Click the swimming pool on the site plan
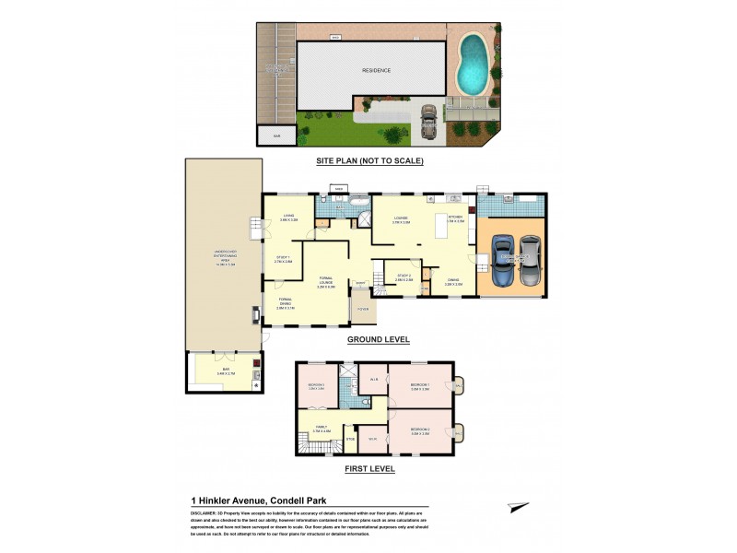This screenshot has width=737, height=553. [x=474, y=62]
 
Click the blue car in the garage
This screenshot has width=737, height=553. [x=502, y=262]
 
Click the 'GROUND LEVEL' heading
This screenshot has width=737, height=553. [x=378, y=339]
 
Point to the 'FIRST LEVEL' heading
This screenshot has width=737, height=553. [x=368, y=469]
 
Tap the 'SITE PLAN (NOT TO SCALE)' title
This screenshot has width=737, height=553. [x=368, y=160]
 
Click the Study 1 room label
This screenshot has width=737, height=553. [x=283, y=259]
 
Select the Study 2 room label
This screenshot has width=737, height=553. [x=404, y=276]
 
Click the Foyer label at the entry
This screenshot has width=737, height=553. [x=363, y=309]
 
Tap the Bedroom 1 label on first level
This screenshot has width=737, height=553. [x=423, y=389]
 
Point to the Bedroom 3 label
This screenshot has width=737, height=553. [x=316, y=387]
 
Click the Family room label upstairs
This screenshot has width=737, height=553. [x=321, y=429]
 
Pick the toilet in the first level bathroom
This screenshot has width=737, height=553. [x=367, y=403]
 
